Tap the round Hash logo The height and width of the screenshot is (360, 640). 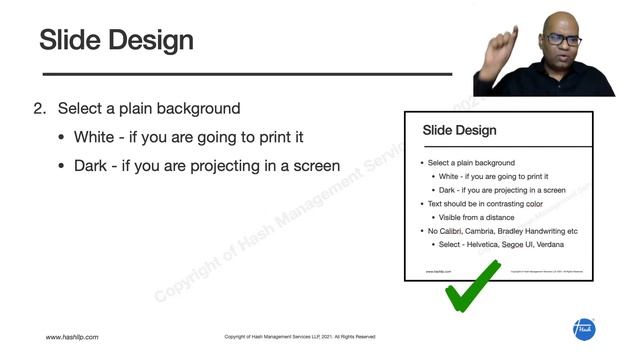[x=584, y=329]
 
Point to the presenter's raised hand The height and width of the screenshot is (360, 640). [x=500, y=45]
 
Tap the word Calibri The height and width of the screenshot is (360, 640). [x=450, y=230]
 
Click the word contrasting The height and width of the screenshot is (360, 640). [x=501, y=203]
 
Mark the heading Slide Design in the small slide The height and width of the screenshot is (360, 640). [x=459, y=130]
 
